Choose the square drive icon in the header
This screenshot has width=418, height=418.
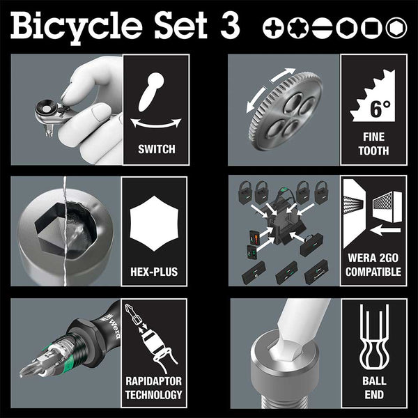click(x=369, y=27)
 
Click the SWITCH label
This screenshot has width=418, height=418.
click(x=156, y=149)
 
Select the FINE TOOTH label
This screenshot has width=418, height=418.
click(x=373, y=144)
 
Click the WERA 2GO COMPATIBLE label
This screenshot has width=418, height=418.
click(x=373, y=265)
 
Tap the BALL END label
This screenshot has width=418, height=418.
click(x=373, y=388)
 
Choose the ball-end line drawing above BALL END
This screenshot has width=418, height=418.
click(x=373, y=337)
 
